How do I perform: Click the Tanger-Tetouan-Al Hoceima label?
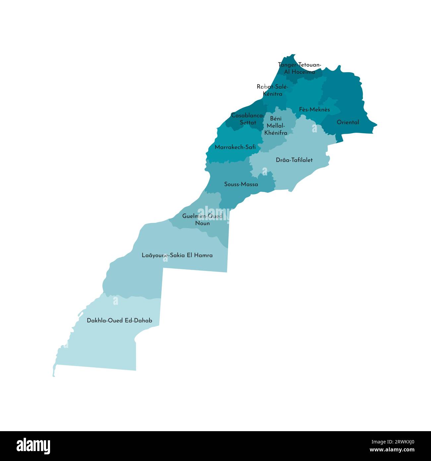(299, 68)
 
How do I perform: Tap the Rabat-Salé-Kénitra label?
(273, 90)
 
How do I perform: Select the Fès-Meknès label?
(314, 109)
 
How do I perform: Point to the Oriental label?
(348, 122)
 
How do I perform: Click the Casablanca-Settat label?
(248, 119)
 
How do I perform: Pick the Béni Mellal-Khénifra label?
(276, 126)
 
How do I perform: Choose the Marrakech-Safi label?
(235, 147)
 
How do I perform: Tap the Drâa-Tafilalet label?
(294, 160)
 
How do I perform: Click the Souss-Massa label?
(241, 184)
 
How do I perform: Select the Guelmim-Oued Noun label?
(202, 220)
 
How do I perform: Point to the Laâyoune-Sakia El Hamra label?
(177, 255)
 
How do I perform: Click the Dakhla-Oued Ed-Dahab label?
(119, 321)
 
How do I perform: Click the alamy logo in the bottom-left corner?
(33, 446)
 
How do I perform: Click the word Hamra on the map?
(203, 255)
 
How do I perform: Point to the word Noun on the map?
(202, 223)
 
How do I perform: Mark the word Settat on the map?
(248, 123)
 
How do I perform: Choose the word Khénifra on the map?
(276, 133)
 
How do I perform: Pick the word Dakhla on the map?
(97, 321)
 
